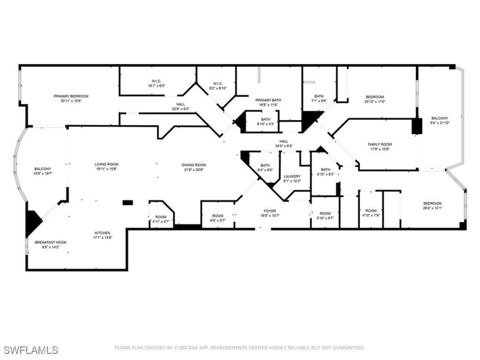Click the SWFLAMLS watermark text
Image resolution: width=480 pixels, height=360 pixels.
pos(30,349)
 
